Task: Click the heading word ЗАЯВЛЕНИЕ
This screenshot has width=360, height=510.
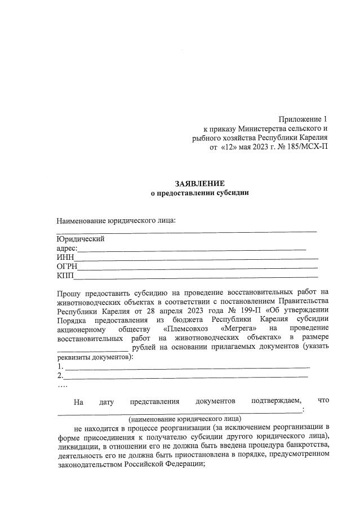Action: click(199, 183)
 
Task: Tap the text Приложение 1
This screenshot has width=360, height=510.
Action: click(303, 119)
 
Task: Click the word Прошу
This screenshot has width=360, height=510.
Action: click(68, 293)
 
